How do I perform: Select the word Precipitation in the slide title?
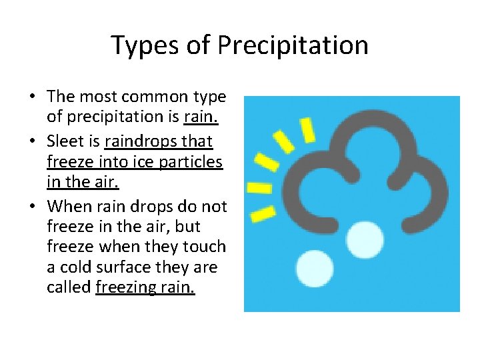coord(293,45)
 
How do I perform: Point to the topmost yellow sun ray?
coord(308,130)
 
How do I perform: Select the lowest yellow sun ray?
coord(263,213)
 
